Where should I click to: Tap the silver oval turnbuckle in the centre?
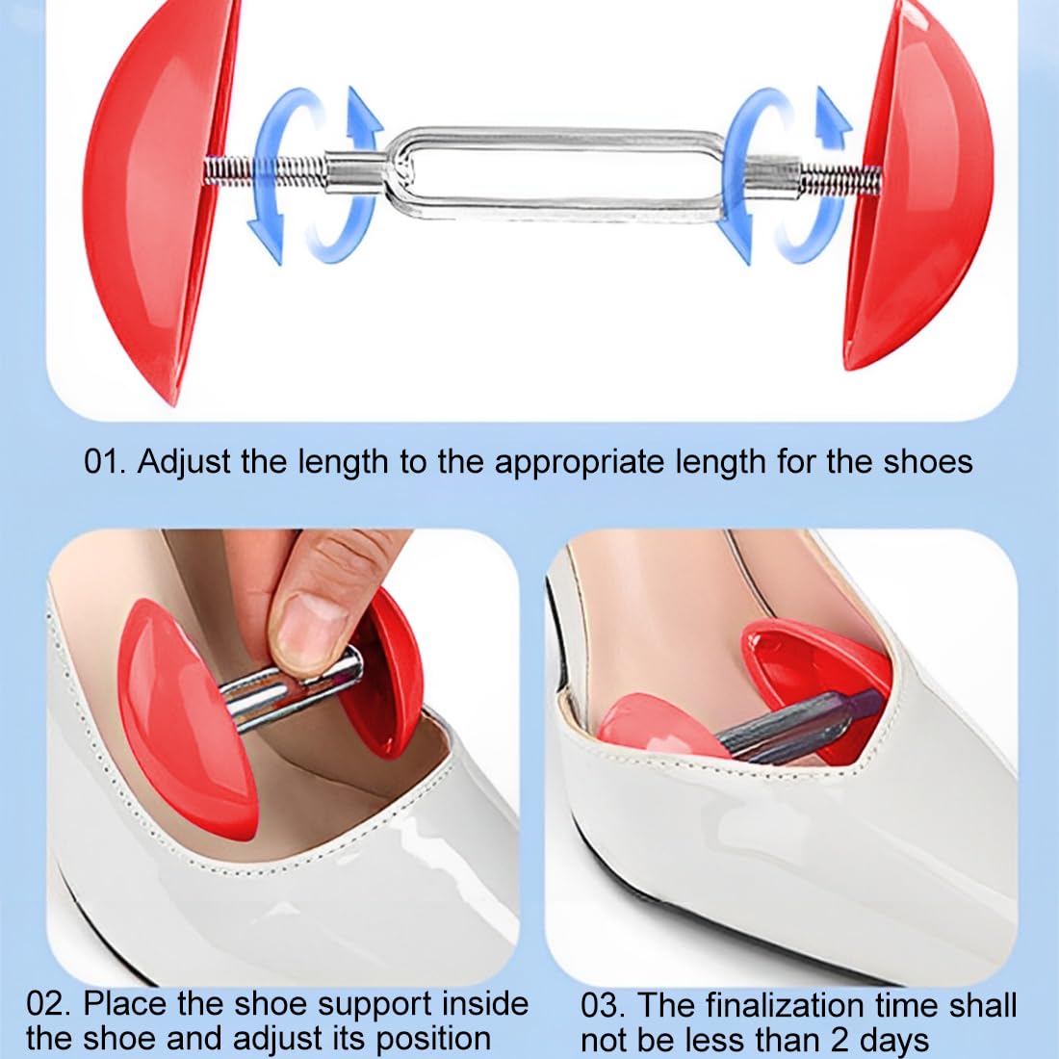click(554, 173)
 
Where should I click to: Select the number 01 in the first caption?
click(104, 462)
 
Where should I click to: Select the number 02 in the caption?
click(47, 1004)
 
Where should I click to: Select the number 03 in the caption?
click(602, 1006)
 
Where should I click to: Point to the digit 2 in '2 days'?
click(840, 1040)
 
